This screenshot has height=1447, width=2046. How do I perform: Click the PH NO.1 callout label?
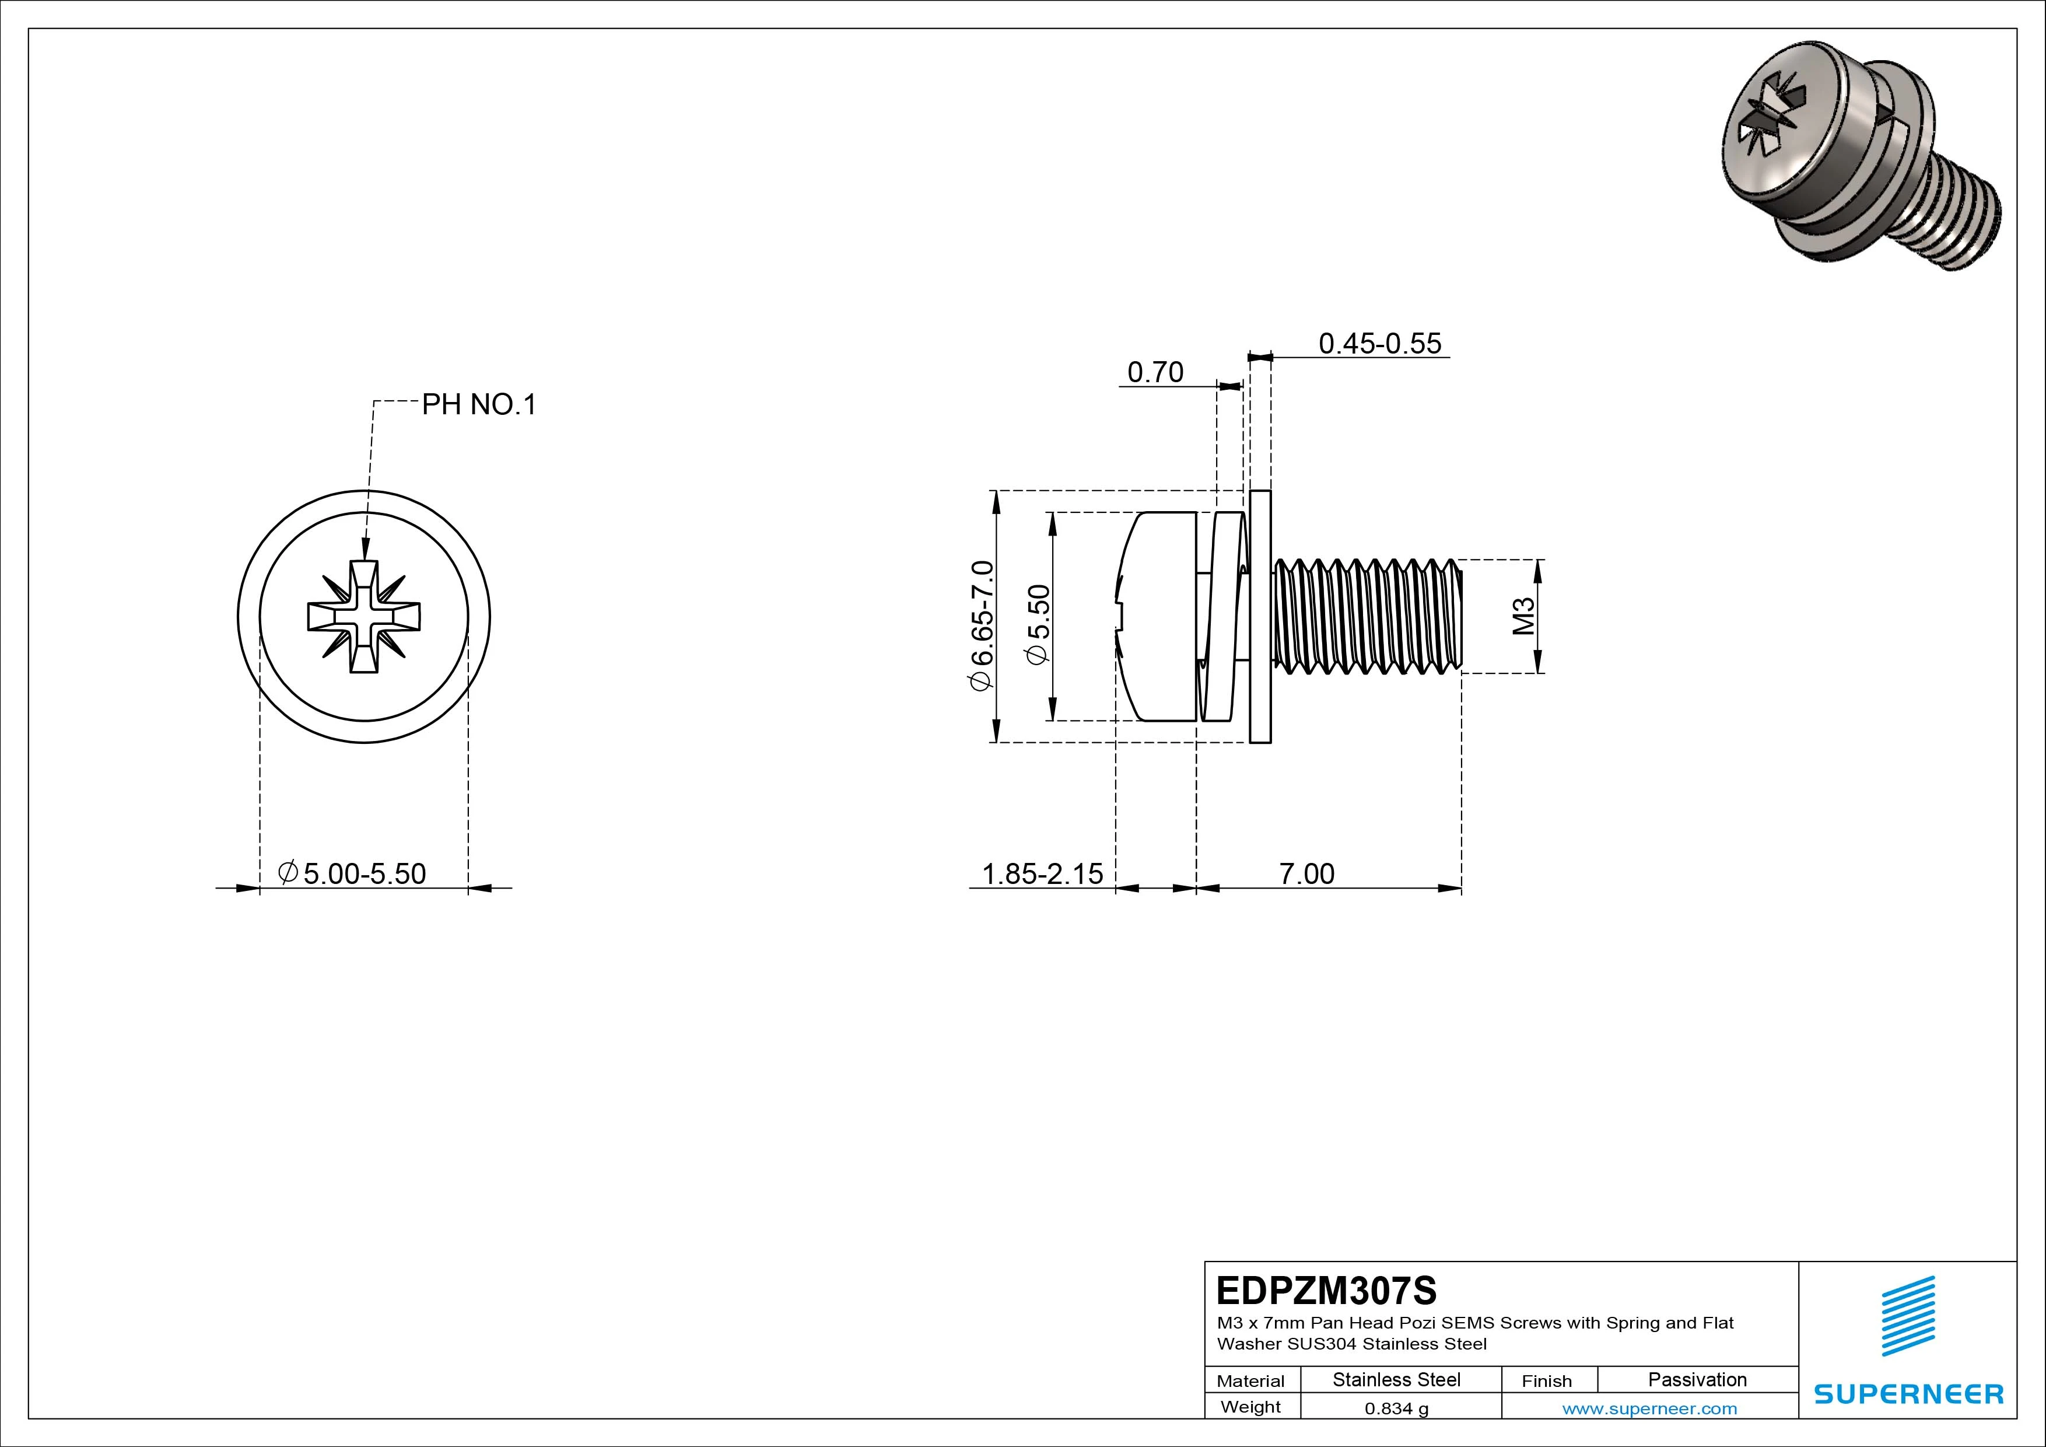pyautogui.click(x=478, y=405)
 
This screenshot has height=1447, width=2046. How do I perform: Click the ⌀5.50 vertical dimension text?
pyautogui.click(x=1038, y=624)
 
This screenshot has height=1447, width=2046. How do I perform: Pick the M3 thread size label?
pyautogui.click(x=1525, y=616)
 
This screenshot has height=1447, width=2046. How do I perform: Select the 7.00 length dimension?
pyautogui.click(x=1306, y=873)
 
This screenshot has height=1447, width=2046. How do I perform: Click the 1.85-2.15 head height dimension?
pyautogui.click(x=1042, y=873)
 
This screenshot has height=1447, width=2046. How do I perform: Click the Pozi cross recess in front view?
pyautogui.click(x=363, y=616)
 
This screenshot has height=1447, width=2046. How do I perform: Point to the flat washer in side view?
pyautogui.click(x=1260, y=616)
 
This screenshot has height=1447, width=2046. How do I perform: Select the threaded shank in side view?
pyautogui.click(x=1367, y=616)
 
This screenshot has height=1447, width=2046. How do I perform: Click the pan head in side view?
pyautogui.click(x=1157, y=616)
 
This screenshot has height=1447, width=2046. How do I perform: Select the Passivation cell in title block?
pyautogui.click(x=1697, y=1380)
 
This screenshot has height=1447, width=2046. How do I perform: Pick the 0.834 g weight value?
pyautogui.click(x=1396, y=1408)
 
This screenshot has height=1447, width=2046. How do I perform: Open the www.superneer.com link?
pyautogui.click(x=1649, y=1408)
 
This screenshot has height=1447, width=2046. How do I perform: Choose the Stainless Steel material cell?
pyautogui.click(x=1396, y=1380)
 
